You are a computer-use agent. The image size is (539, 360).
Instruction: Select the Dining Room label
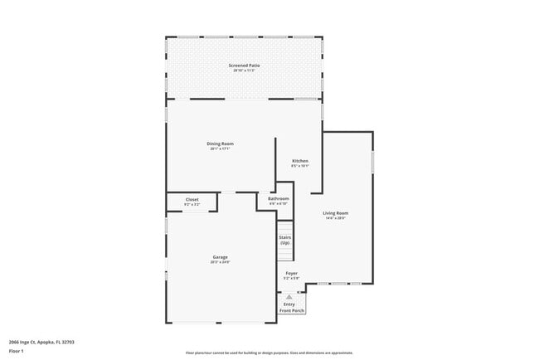(x=221, y=144)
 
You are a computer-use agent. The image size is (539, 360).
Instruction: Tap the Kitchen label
(x=300, y=160)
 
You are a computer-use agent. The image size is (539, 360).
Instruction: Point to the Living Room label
(x=336, y=213)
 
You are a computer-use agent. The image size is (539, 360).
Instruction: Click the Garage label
(x=220, y=257)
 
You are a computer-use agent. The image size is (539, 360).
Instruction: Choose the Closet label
(x=192, y=199)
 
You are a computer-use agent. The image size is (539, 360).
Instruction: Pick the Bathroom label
(x=279, y=198)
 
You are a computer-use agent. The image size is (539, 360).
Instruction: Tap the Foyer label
(x=292, y=273)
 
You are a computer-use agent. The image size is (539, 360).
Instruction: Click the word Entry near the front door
(x=289, y=304)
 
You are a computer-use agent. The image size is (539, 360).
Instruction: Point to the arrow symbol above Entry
(x=289, y=296)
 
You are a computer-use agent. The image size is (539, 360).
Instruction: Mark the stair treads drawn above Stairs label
(x=285, y=227)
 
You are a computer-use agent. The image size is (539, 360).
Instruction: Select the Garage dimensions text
(x=220, y=263)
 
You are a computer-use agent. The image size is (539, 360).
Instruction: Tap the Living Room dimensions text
(x=336, y=219)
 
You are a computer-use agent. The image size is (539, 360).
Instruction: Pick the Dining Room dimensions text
(x=221, y=149)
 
